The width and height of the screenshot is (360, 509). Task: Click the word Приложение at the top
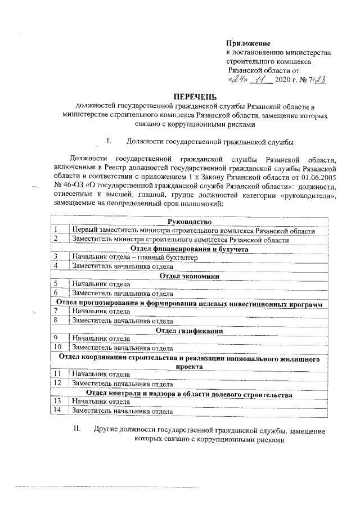[x=248, y=43]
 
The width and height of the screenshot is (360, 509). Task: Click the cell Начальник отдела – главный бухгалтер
[x=134, y=257]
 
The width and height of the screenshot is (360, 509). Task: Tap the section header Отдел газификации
[x=189, y=330]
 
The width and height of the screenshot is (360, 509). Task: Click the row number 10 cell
[x=57, y=348]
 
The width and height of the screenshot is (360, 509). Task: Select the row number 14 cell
[x=57, y=411]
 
